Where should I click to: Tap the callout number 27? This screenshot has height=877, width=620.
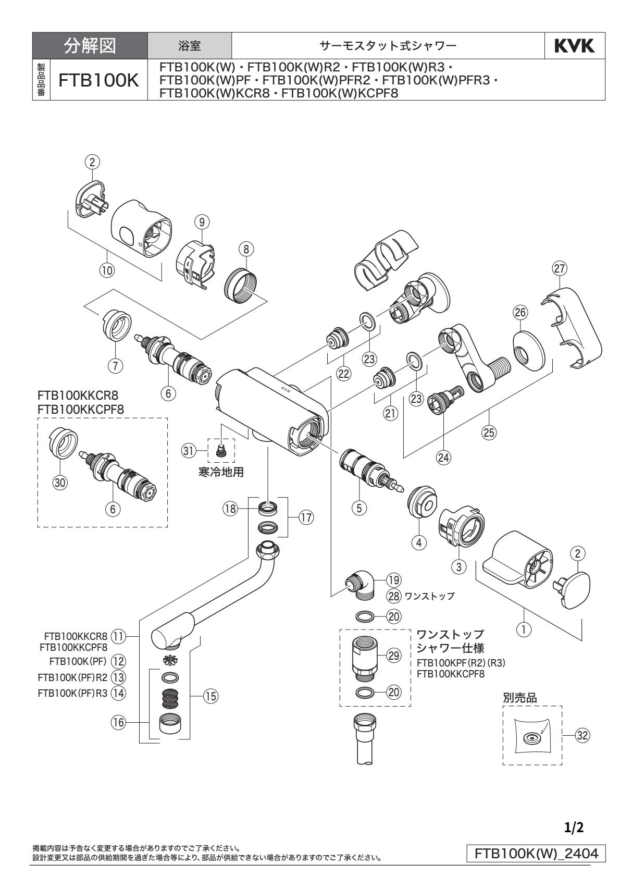560,269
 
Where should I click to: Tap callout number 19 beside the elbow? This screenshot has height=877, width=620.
393,579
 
